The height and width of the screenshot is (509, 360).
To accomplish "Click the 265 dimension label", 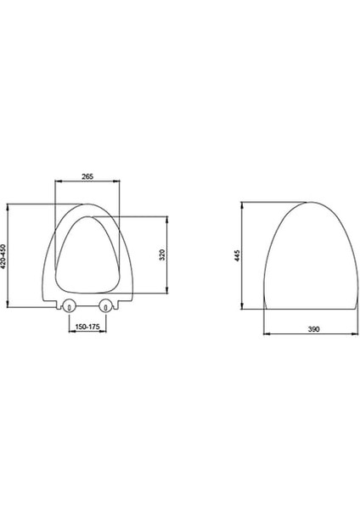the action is (x=87, y=176).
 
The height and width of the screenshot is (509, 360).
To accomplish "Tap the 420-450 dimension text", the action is (x=3, y=256).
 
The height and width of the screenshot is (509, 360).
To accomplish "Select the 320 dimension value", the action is (x=163, y=255).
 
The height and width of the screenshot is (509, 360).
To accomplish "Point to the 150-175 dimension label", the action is (x=87, y=327).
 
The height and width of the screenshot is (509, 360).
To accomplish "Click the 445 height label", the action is (x=238, y=255).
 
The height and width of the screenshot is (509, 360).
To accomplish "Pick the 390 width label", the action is (x=313, y=329).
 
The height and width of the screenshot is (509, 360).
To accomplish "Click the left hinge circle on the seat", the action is (x=69, y=305).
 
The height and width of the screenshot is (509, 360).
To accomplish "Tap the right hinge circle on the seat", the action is (x=105, y=305).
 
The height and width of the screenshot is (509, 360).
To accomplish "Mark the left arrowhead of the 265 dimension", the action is (x=58, y=182).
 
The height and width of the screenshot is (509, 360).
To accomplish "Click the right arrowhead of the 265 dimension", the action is (x=116, y=182).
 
